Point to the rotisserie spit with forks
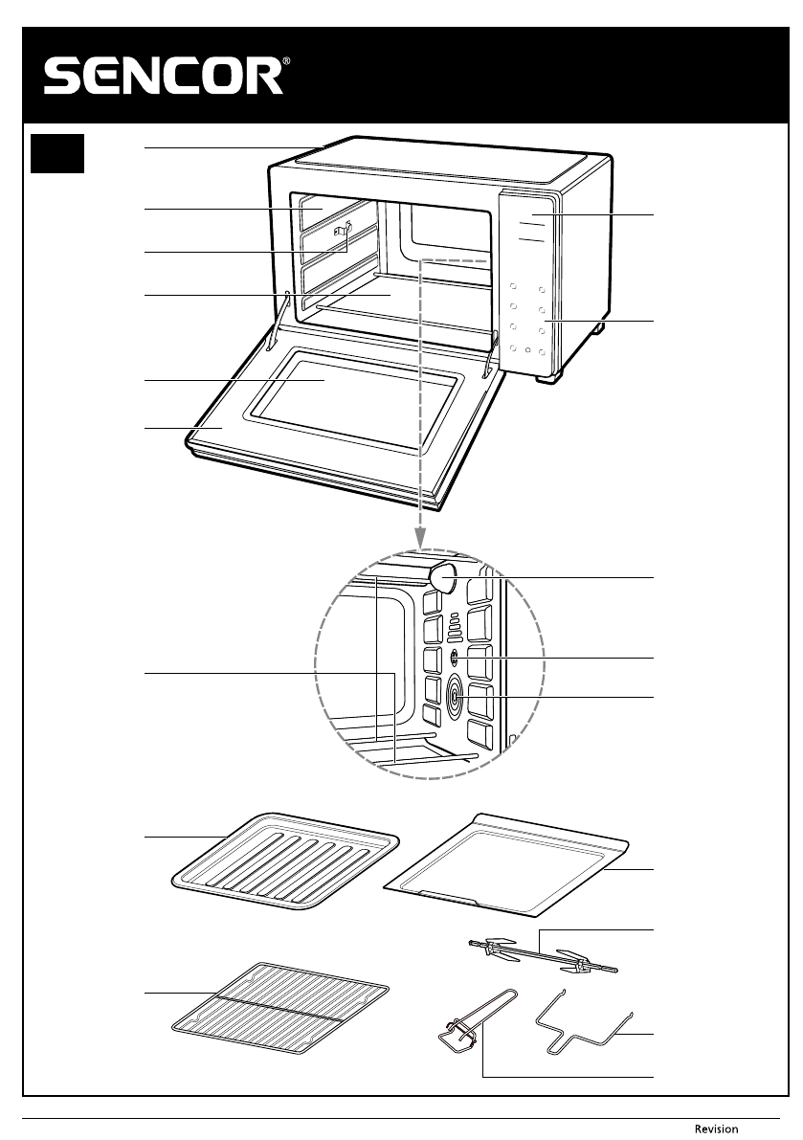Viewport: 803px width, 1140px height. click(x=541, y=956)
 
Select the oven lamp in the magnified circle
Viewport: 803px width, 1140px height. click(x=441, y=576)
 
